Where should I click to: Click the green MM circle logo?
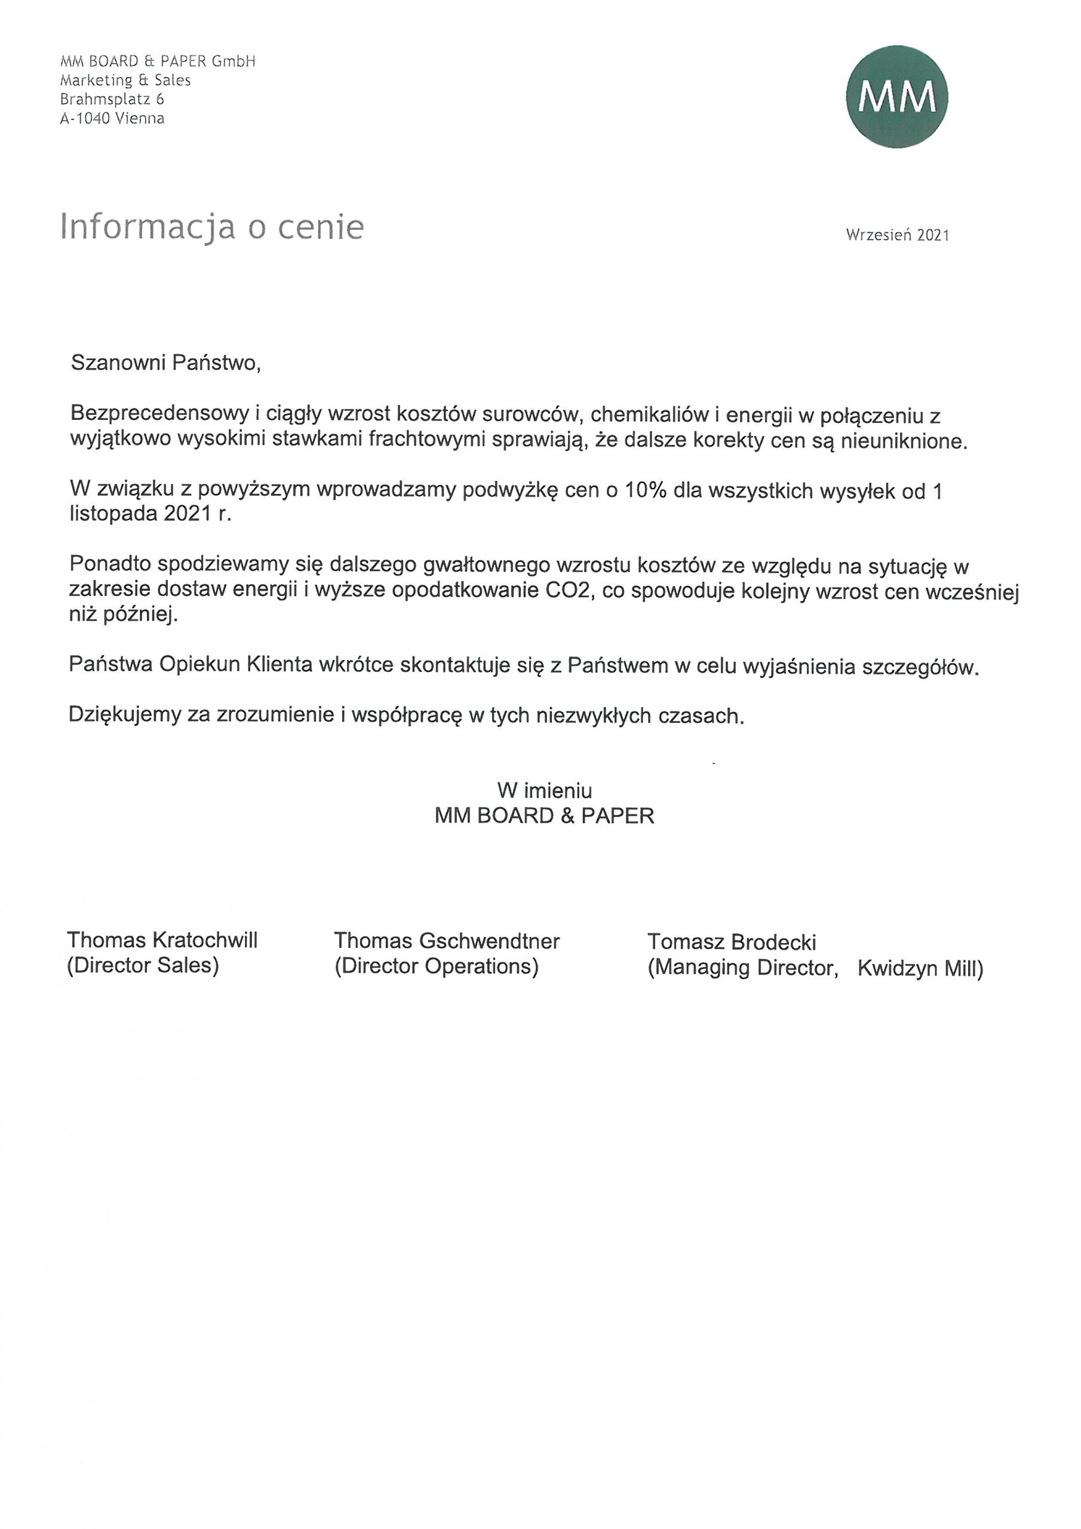pos(896,97)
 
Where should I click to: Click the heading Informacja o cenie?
pos(212,226)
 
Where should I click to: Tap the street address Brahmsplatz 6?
pos(112,99)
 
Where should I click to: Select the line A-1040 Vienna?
pos(112,118)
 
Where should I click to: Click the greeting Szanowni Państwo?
pos(165,363)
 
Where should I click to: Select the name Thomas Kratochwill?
pos(162,939)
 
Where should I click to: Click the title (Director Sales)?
pos(143,965)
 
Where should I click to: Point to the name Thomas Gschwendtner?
pos(446,940)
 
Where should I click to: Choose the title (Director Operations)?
pos(436,966)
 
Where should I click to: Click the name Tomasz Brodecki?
pos(732,942)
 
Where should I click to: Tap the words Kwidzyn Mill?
pos(919,968)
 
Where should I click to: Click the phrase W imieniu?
pos(544,790)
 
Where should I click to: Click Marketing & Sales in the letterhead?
pos(125,80)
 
